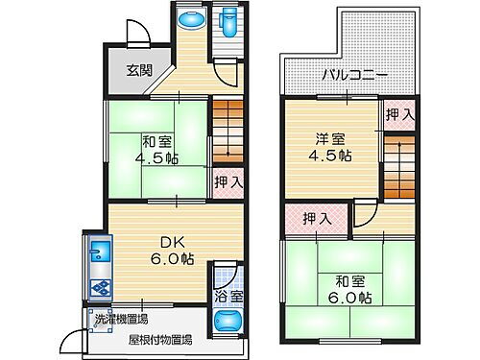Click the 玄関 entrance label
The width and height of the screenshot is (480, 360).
(139, 69)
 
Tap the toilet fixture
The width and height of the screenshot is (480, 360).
(228, 22)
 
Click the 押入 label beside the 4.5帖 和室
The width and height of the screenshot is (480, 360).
(228, 181)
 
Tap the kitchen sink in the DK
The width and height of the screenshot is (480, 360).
(99, 255)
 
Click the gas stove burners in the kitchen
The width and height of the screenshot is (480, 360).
(99, 284)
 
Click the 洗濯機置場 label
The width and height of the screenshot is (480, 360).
(121, 320)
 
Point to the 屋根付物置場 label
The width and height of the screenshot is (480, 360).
(161, 339)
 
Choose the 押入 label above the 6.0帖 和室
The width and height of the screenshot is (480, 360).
(318, 219)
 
